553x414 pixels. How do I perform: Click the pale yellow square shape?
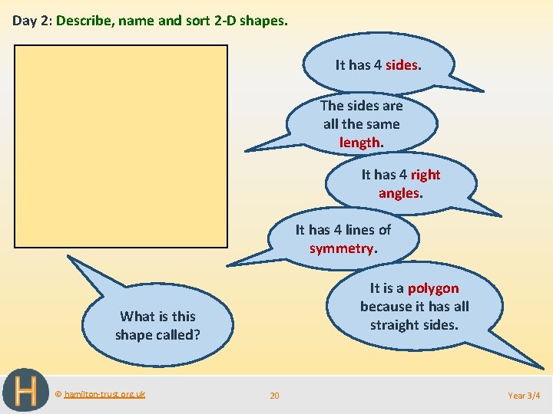point(121,146)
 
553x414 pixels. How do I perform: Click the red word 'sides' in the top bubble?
point(402,65)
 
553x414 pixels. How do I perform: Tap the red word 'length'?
point(360,142)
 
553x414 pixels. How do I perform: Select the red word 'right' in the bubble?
point(425,175)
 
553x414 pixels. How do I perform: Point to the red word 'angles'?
point(399,193)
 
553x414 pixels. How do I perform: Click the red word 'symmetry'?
point(342,248)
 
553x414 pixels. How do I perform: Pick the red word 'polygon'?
point(433,288)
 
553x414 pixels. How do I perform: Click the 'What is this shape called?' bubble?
point(157,326)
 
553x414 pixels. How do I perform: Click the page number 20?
point(274,396)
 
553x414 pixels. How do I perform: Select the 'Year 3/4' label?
point(524,396)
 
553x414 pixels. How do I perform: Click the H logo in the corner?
point(25,391)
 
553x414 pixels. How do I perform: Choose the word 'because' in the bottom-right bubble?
point(388,307)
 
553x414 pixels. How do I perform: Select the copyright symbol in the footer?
point(58,394)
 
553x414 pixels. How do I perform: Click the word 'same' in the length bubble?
point(382,123)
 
